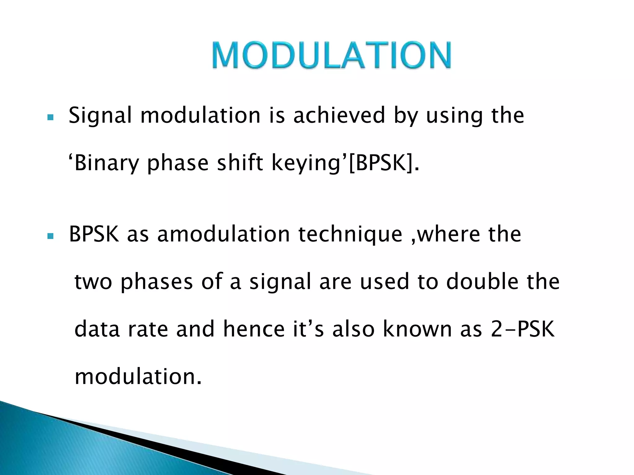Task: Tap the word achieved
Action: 339,115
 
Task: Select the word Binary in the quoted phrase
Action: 107,164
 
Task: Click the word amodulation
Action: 223,234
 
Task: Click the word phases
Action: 157,282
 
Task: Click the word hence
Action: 254,329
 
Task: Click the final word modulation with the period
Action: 138,377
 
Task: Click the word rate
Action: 148,329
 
